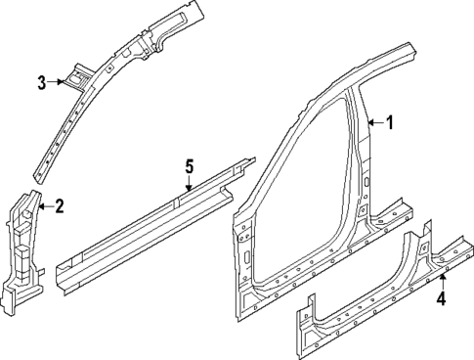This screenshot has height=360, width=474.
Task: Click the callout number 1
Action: coord(389,123)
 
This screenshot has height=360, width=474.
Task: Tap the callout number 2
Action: coord(59,206)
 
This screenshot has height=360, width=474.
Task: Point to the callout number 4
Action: coord(441,299)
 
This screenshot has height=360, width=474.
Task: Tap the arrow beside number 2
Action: coord(44,206)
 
